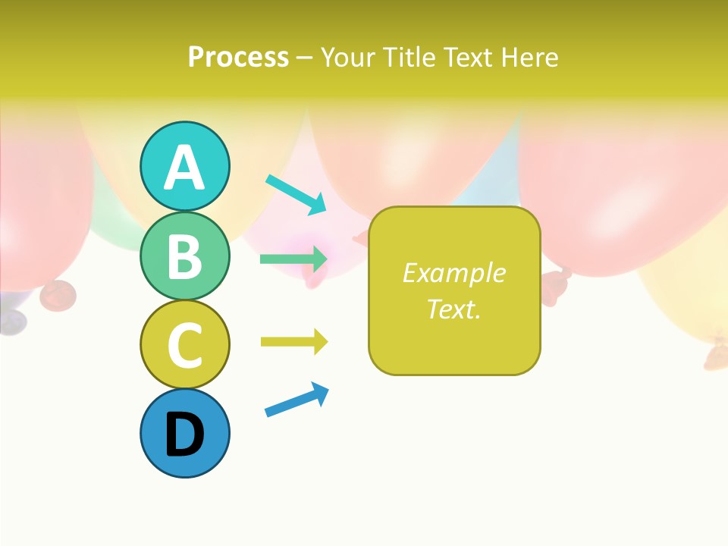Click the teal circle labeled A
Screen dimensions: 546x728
click(184, 166)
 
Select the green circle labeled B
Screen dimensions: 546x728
click(184, 256)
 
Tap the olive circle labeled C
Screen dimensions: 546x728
click(184, 344)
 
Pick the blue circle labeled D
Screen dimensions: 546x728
click(184, 433)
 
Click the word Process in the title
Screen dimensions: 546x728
click(238, 58)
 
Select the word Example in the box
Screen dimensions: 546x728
click(453, 273)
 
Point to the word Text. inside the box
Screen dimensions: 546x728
click(453, 309)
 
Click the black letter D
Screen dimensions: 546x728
click(184, 435)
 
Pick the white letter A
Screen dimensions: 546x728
click(184, 168)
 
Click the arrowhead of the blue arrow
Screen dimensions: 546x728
click(321, 393)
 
